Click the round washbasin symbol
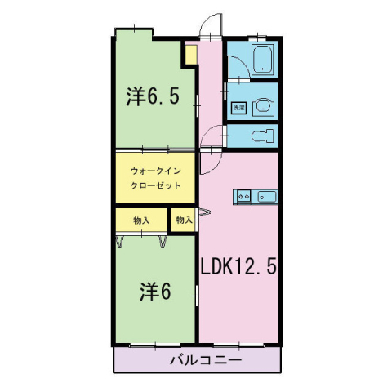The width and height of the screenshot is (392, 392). (263, 105)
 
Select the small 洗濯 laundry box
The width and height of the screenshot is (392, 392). (238, 107)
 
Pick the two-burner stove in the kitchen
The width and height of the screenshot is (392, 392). (243, 196)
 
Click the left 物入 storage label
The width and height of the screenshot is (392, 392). (140, 220)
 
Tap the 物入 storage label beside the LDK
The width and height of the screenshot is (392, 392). (183, 220)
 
